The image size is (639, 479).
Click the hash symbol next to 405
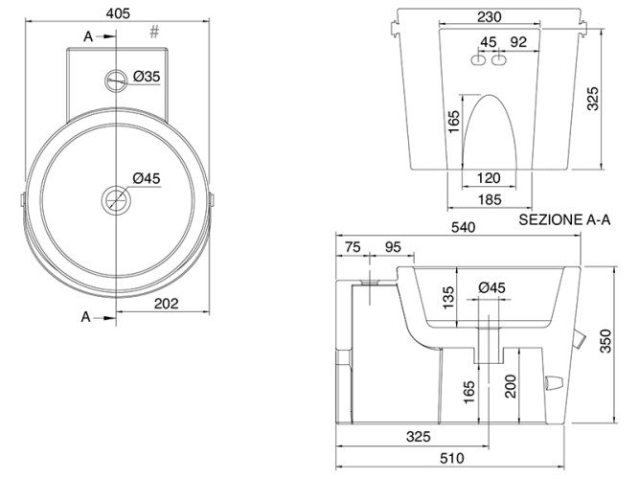coord(154,33)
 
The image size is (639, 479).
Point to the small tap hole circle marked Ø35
coord(117,80)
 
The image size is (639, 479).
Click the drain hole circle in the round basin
coord(116,200)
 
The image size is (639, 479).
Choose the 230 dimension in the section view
coord(489,16)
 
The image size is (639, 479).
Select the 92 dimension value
coord(519,41)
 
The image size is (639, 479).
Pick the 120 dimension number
coord(489,179)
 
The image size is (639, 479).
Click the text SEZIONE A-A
coord(564,218)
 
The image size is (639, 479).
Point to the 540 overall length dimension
coord(464,229)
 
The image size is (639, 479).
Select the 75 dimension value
coord(352,247)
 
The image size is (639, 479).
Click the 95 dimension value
coord(392,247)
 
